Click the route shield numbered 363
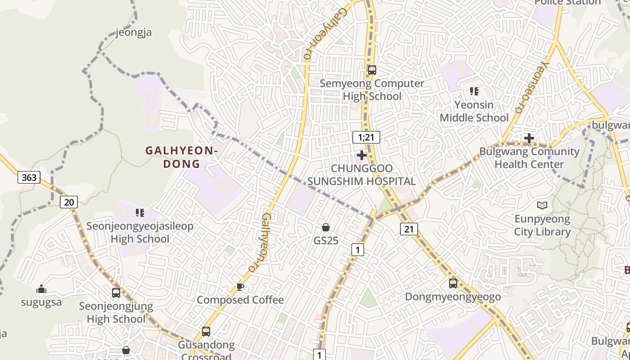pos(29,177)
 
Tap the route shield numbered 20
pos(69,202)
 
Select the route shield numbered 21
pos(409,229)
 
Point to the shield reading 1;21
pos(366,137)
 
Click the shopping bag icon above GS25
pos(326,227)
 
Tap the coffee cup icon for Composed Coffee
pos(240,287)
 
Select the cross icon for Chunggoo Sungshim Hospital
pos(361,155)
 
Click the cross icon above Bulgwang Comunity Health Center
pos(529,138)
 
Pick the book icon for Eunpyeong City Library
pos(542,206)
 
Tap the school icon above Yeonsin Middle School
pos(474,91)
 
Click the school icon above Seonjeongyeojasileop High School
pos(140,212)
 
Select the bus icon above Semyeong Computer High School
pos(372,70)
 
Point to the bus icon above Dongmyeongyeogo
pos(453,283)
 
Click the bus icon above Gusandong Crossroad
pos(206,332)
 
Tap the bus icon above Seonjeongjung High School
pos(116,293)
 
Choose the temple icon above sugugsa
pos(41,289)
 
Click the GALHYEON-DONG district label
pos(181,157)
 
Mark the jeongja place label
pos(134,32)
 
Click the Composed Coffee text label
pos(240,300)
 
